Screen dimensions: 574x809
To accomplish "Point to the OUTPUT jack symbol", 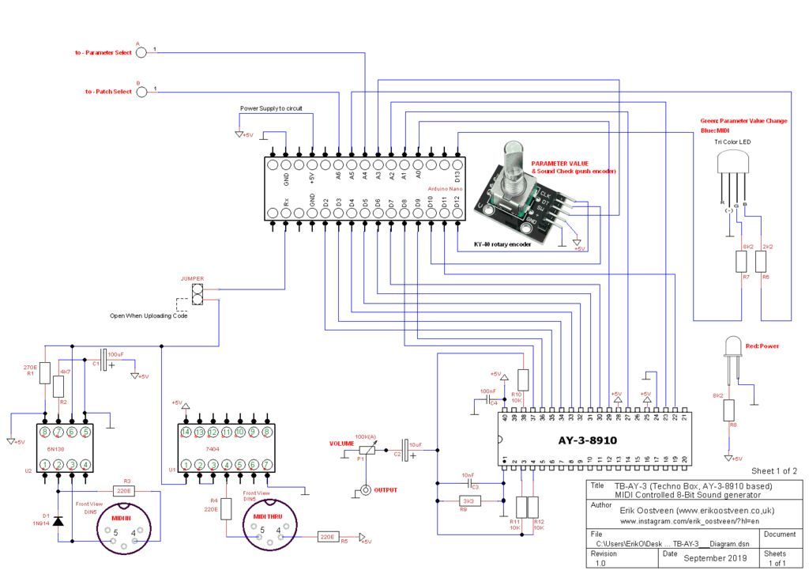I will click(365, 490).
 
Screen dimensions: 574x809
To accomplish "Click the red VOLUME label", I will click(341, 444).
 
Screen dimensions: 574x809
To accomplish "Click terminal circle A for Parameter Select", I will click(141, 52).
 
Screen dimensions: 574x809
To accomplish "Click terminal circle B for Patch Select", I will click(141, 92).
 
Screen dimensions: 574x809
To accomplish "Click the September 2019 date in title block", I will click(715, 558).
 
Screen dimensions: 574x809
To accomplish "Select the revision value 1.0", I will click(600, 563).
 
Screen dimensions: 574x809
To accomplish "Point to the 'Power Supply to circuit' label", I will click(271, 108).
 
